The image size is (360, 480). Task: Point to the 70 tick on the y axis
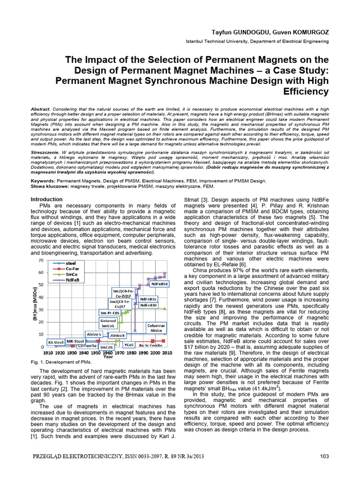tap(40, 260)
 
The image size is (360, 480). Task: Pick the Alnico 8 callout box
tap(117, 336)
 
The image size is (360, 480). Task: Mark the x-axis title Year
tap(108, 356)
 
